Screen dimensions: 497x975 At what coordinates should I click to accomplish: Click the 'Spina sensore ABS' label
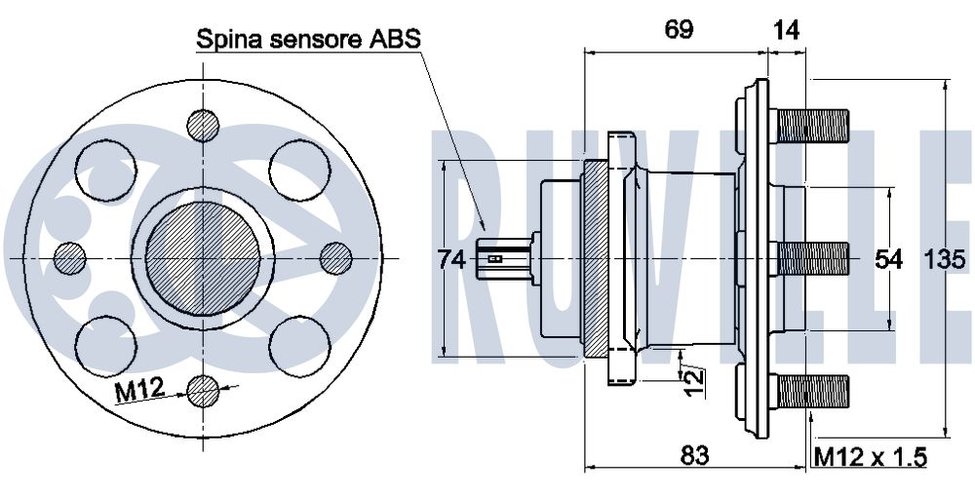coord(308,40)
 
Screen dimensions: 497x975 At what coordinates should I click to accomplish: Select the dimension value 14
coord(786,29)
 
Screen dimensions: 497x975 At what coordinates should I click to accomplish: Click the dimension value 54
coord(888,259)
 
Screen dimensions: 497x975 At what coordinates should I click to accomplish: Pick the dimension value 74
coord(451,259)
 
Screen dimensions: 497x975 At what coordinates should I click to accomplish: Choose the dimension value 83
coord(693,454)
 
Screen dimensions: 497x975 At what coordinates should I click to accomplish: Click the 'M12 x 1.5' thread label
coord(870,456)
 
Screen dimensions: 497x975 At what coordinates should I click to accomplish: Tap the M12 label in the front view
coord(138,392)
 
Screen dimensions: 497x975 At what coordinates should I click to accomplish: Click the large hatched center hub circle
coord(203,257)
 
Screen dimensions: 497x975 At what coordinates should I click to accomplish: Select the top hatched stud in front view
coord(204,125)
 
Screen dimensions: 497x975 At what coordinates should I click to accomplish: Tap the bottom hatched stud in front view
coord(204,391)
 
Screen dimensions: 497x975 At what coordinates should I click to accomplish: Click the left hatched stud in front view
coord(71,258)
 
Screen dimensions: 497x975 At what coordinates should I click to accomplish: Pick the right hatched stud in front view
coord(335,258)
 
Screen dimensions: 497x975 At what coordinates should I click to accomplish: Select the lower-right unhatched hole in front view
coord(296,342)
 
